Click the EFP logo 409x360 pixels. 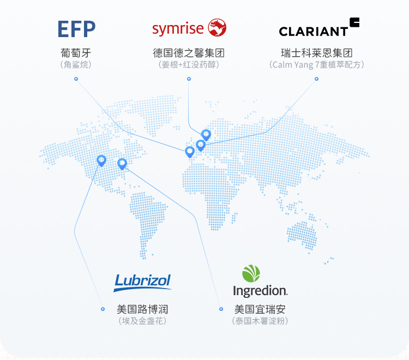click(x=76, y=29)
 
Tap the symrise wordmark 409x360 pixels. click(x=178, y=28)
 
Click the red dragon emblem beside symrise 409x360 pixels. click(x=218, y=27)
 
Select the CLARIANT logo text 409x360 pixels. click(x=313, y=31)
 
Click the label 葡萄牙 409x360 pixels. click(x=76, y=53)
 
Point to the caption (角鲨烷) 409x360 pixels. click(x=76, y=64)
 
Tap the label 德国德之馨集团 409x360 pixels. click(x=189, y=53)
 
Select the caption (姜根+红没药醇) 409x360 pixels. click(x=189, y=64)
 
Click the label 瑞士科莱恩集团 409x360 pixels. click(x=316, y=53)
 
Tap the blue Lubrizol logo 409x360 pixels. click(x=142, y=282)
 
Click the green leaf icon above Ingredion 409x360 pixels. click(x=251, y=273)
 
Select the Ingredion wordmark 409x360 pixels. click(x=260, y=291)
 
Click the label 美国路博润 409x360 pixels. click(x=142, y=309)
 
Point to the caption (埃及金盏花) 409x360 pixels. click(x=142, y=321)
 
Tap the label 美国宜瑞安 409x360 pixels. click(x=260, y=309)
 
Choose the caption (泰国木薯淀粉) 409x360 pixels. click(x=260, y=321)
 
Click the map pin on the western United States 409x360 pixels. click(x=101, y=160)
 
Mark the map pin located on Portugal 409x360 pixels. click(x=190, y=151)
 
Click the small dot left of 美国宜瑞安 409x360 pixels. click(x=221, y=309)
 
